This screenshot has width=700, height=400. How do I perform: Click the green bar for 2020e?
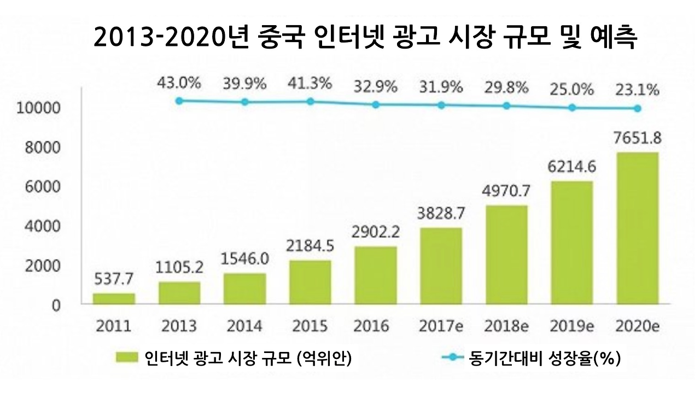click(x=637, y=228)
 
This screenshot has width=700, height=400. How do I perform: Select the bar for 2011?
click(x=114, y=298)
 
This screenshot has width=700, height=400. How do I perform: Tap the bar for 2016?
click(x=376, y=275)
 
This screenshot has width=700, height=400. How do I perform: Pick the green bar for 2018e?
click(x=506, y=255)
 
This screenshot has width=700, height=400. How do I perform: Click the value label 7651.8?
click(x=637, y=138)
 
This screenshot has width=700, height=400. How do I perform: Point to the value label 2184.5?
click(x=310, y=246)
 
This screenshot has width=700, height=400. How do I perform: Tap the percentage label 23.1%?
click(x=637, y=90)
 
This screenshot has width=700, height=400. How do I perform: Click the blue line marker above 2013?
click(x=179, y=101)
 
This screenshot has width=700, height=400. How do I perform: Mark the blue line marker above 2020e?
click(x=637, y=108)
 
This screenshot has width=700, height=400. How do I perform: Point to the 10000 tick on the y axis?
click(x=37, y=108)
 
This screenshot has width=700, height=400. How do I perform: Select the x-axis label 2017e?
click(x=441, y=326)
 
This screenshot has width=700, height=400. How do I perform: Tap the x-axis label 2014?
click(x=244, y=326)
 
